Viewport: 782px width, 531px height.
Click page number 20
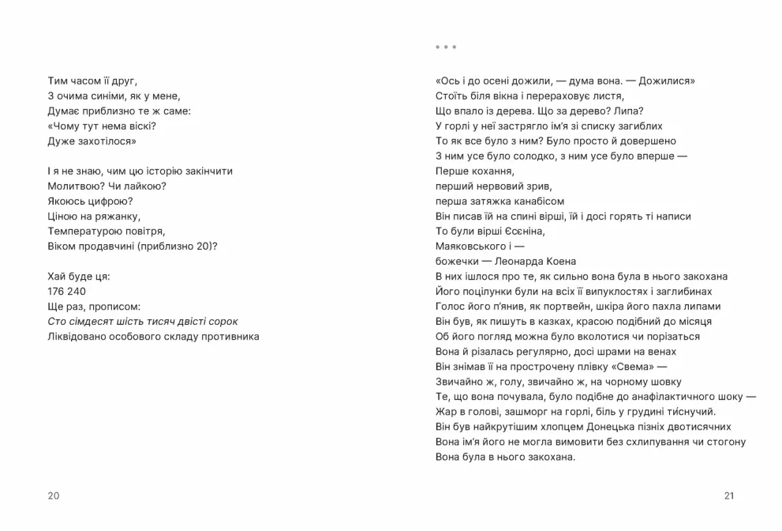click(x=54, y=495)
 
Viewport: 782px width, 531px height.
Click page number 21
click(x=728, y=495)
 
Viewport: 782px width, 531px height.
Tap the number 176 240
click(x=67, y=292)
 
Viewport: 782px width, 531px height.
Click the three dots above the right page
click(x=445, y=47)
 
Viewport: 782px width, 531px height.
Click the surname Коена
click(x=559, y=262)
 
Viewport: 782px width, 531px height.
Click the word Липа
click(x=629, y=111)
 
